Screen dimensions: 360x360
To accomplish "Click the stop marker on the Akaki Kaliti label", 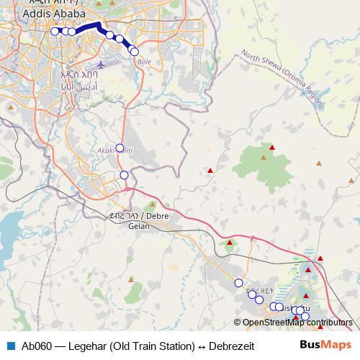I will tap(120, 148).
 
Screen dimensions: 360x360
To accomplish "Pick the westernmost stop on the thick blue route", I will tap(55, 30).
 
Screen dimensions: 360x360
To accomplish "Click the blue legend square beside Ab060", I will tap(10, 344).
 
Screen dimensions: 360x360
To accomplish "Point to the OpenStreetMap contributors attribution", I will tap(297, 323).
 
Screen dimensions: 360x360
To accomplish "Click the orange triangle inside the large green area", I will tap(264, 156).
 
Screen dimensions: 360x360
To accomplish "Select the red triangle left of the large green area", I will tap(210, 171).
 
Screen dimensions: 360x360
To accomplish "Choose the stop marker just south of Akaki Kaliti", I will tap(124, 175).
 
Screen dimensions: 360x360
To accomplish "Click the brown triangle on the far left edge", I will tap(10, 107).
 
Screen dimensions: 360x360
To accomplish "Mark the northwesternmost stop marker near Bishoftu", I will tap(238, 282).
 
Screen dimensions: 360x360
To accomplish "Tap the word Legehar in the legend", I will tap(85, 344).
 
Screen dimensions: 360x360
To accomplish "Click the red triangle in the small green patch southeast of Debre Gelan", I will tap(229, 243).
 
